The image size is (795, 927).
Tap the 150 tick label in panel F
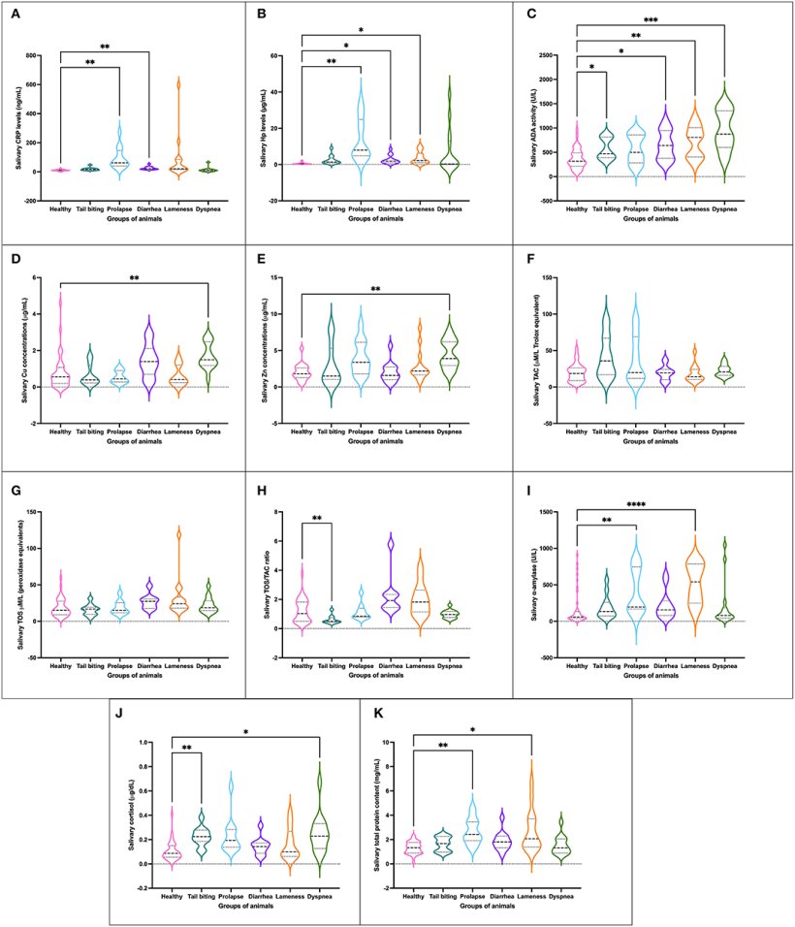(x=558, y=277)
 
